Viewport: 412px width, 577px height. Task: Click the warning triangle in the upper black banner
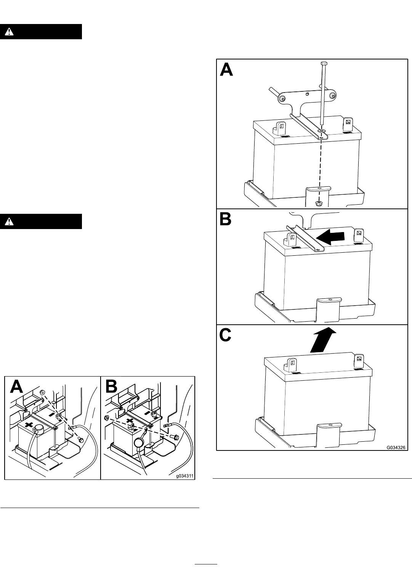tap(9, 32)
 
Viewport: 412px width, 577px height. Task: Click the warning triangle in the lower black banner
tap(9, 221)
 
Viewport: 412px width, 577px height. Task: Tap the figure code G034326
tap(396, 447)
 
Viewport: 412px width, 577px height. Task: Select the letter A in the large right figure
tap(226, 70)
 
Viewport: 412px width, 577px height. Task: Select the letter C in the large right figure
tap(225, 335)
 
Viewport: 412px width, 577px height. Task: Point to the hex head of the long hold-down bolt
tap(324, 63)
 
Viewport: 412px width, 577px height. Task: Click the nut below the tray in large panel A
tap(319, 203)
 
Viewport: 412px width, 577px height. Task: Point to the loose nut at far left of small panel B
tap(107, 417)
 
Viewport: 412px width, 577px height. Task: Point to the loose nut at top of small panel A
tap(42, 392)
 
